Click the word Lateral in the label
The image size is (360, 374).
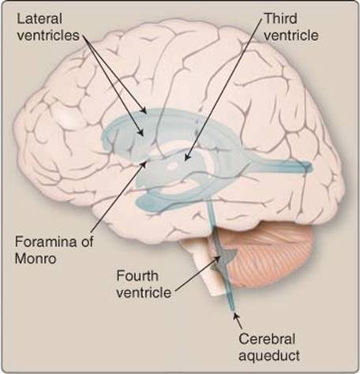click(x=39, y=19)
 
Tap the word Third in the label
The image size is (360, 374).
click(x=280, y=19)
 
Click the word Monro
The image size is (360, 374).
click(x=36, y=258)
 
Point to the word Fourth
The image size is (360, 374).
click(x=137, y=276)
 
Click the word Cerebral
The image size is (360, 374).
click(x=267, y=338)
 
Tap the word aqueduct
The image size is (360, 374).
click(x=269, y=356)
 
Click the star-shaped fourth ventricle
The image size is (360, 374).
click(x=224, y=260)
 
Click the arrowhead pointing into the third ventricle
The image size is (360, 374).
click(x=186, y=157)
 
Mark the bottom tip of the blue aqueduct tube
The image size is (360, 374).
click(x=233, y=310)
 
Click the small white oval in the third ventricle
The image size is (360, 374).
click(x=173, y=166)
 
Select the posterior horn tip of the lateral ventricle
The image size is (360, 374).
click(x=310, y=166)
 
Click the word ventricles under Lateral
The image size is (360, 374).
click(x=48, y=36)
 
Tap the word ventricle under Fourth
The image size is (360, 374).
click(x=144, y=293)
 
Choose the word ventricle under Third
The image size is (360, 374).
click(x=291, y=36)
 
